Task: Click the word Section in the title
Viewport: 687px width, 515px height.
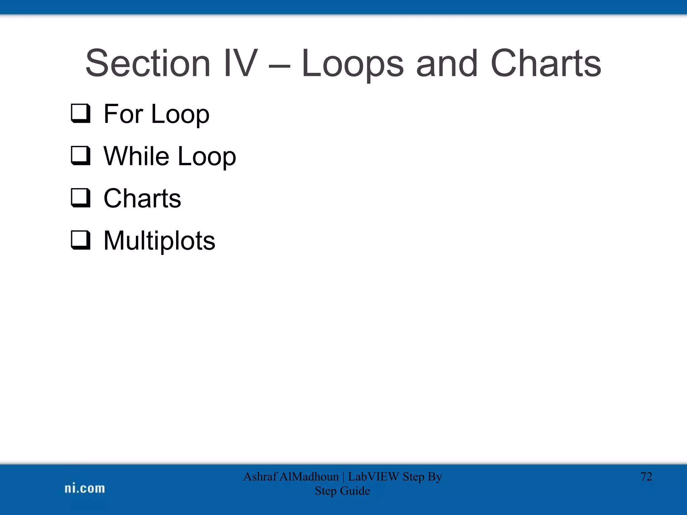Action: pos(148,64)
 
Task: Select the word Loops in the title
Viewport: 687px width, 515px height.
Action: pos(352,64)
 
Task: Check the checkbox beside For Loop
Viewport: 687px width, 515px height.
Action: pos(81,113)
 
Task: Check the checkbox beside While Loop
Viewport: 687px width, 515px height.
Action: pos(81,156)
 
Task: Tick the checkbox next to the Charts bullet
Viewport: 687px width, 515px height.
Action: pos(81,198)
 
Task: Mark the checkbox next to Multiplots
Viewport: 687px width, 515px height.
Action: pos(81,240)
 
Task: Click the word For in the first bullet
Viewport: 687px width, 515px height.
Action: pos(123,114)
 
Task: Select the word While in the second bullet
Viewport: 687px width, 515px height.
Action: pos(136,156)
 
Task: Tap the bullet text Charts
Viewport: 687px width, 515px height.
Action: pos(142,198)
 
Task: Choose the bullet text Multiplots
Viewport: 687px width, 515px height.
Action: pos(159,241)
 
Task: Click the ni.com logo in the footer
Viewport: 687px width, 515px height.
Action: pos(85,488)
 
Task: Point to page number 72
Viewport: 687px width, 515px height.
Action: pos(646,476)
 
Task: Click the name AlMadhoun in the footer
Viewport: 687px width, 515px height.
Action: pos(309,476)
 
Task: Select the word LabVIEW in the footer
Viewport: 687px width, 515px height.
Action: pos(373,476)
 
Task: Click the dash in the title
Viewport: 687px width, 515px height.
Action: pos(279,66)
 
